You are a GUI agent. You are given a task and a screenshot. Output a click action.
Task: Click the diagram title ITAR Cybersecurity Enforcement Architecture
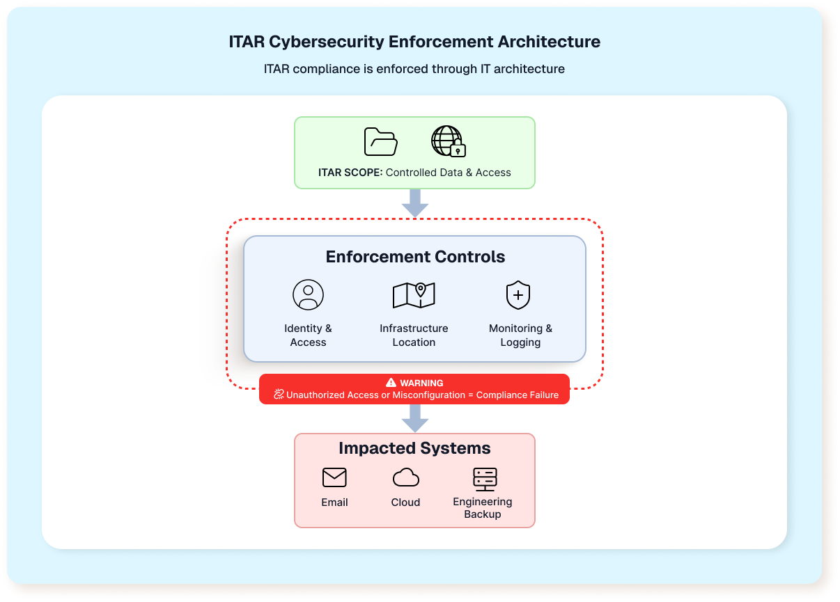tap(414, 42)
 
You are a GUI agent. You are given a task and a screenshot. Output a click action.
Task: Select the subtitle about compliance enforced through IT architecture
tap(414, 69)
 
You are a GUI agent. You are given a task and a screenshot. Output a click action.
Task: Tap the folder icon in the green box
tap(381, 142)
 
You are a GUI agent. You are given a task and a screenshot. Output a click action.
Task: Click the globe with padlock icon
tap(448, 141)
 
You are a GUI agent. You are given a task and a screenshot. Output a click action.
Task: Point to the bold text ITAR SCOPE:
tap(350, 173)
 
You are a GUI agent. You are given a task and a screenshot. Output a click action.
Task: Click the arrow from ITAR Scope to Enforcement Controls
tap(415, 203)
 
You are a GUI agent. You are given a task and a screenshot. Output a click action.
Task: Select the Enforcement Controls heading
tap(415, 257)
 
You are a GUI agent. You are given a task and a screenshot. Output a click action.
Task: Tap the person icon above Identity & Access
tap(308, 294)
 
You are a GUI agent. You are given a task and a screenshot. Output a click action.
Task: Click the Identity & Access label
tap(308, 335)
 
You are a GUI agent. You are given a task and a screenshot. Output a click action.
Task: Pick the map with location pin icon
tap(414, 294)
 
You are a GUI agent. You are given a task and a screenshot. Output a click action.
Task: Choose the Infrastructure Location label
tap(414, 335)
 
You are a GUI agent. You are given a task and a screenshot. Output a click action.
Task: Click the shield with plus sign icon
tap(518, 295)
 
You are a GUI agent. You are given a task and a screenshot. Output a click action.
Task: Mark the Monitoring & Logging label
tap(520, 335)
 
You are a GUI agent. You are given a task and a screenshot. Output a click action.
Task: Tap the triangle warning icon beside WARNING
tap(391, 383)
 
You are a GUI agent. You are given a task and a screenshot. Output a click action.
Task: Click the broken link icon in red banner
tap(279, 395)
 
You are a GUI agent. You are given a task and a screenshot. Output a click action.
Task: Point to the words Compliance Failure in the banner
tap(517, 395)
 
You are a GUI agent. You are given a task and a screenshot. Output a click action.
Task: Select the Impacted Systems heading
tap(414, 448)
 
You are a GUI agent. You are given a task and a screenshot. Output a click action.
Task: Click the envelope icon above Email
tap(334, 477)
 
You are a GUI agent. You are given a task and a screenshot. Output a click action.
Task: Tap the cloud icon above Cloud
tap(405, 477)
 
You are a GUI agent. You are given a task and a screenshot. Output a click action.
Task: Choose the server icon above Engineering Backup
tap(484, 479)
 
